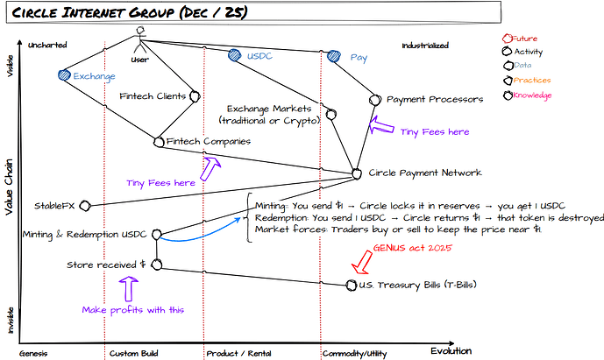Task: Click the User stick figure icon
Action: coord(139,38)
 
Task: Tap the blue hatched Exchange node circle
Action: coord(63,76)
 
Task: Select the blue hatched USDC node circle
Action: coord(234,55)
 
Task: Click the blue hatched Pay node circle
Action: coord(333,57)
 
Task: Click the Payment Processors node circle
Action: coord(375,100)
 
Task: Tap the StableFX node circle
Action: coord(84,206)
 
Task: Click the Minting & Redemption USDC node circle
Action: coord(156,235)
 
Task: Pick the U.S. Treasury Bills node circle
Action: coord(352,286)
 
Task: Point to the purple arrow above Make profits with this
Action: coord(129,287)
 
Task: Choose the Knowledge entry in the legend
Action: coord(531,95)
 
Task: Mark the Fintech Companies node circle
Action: coord(159,139)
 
